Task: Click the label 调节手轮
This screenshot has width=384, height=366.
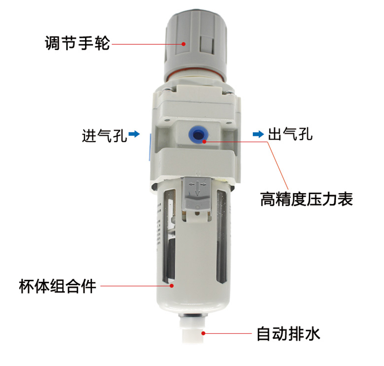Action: [x=77, y=43]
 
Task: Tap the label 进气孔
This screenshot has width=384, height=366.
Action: [x=105, y=135]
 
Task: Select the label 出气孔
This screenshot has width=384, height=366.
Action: [x=290, y=134]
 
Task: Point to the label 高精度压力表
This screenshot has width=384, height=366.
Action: [x=306, y=199]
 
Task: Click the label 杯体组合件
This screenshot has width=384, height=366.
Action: [x=57, y=286]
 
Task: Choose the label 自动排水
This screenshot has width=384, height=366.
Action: [x=288, y=334]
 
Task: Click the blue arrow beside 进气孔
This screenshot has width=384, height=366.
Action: [x=134, y=134]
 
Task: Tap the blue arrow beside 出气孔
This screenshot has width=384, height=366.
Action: [x=259, y=134]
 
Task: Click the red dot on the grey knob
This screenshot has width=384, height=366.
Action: [x=184, y=44]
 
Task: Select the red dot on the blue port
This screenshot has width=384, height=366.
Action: [x=205, y=142]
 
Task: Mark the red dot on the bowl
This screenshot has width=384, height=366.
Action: [x=172, y=286]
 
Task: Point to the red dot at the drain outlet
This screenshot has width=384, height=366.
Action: [x=203, y=333]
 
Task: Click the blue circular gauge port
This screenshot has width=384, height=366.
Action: [x=198, y=134]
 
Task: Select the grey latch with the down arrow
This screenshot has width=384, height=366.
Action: [x=196, y=194]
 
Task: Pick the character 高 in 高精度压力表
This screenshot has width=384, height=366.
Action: [x=268, y=199]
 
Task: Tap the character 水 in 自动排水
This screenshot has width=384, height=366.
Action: [x=312, y=334]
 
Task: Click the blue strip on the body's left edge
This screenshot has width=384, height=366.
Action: [x=149, y=147]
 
